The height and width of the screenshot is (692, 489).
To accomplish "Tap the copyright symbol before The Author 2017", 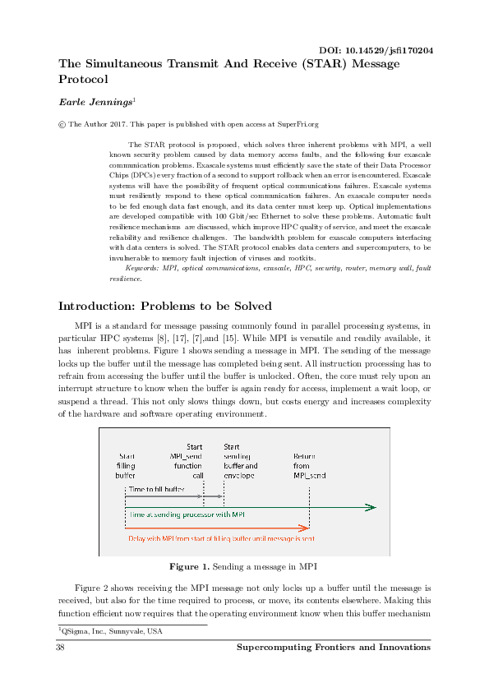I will click(62, 124).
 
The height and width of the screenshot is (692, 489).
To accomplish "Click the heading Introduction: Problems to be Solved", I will click(164, 307).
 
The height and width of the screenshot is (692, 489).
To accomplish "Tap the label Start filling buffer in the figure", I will click(126, 465).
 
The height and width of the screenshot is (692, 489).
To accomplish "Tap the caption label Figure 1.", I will click(188, 566).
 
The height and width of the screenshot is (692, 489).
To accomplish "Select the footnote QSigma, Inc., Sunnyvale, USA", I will click(111, 631).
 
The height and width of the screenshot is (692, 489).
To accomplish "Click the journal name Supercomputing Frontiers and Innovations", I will click(333, 648).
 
